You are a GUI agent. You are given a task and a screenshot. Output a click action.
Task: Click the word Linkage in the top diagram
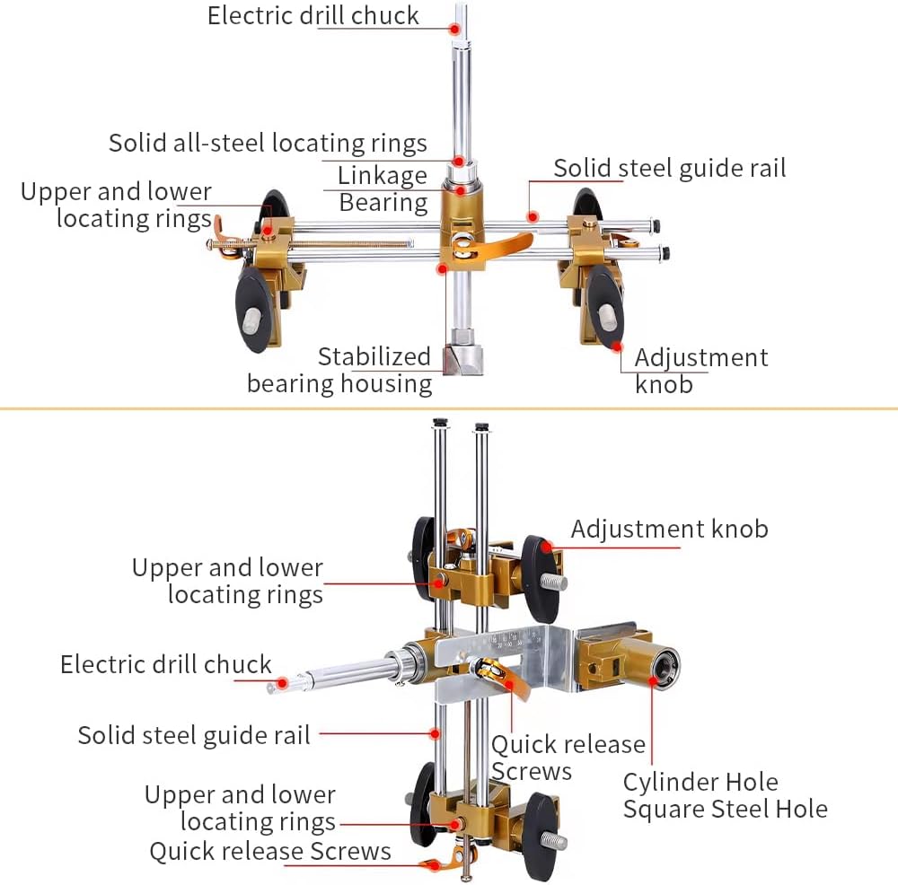click(x=382, y=176)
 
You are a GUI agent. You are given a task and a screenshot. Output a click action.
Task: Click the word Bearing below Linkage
click(x=383, y=203)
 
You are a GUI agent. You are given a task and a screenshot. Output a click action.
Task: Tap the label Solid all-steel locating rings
click(x=268, y=143)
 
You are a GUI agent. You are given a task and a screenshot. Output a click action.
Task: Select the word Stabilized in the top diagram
click(x=374, y=356)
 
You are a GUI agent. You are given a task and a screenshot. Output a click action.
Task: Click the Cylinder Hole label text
click(x=700, y=782)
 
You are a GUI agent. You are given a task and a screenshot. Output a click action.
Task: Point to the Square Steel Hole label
click(x=725, y=810)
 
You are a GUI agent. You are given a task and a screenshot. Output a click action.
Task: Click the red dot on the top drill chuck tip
click(x=454, y=29)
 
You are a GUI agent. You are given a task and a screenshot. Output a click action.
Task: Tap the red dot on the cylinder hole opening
click(x=652, y=680)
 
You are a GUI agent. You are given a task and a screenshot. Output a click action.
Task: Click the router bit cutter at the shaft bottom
click(x=462, y=353)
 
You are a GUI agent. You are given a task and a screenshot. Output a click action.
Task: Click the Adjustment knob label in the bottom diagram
click(x=670, y=530)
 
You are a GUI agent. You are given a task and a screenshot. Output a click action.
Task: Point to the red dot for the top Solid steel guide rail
click(x=533, y=216)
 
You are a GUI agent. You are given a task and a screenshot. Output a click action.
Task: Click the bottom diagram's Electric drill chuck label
click(x=165, y=665)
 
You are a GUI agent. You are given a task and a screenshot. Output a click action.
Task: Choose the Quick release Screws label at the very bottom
click(x=270, y=852)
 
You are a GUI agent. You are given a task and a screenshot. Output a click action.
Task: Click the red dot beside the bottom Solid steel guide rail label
click(x=436, y=733)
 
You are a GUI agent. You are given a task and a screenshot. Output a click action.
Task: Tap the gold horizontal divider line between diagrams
click(x=449, y=408)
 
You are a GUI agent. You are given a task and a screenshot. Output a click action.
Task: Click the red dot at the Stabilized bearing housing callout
click(x=442, y=268)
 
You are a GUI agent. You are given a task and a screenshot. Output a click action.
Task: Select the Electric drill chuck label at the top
click(x=313, y=16)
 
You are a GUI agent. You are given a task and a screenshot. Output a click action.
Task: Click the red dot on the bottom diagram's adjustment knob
click(x=547, y=547)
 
